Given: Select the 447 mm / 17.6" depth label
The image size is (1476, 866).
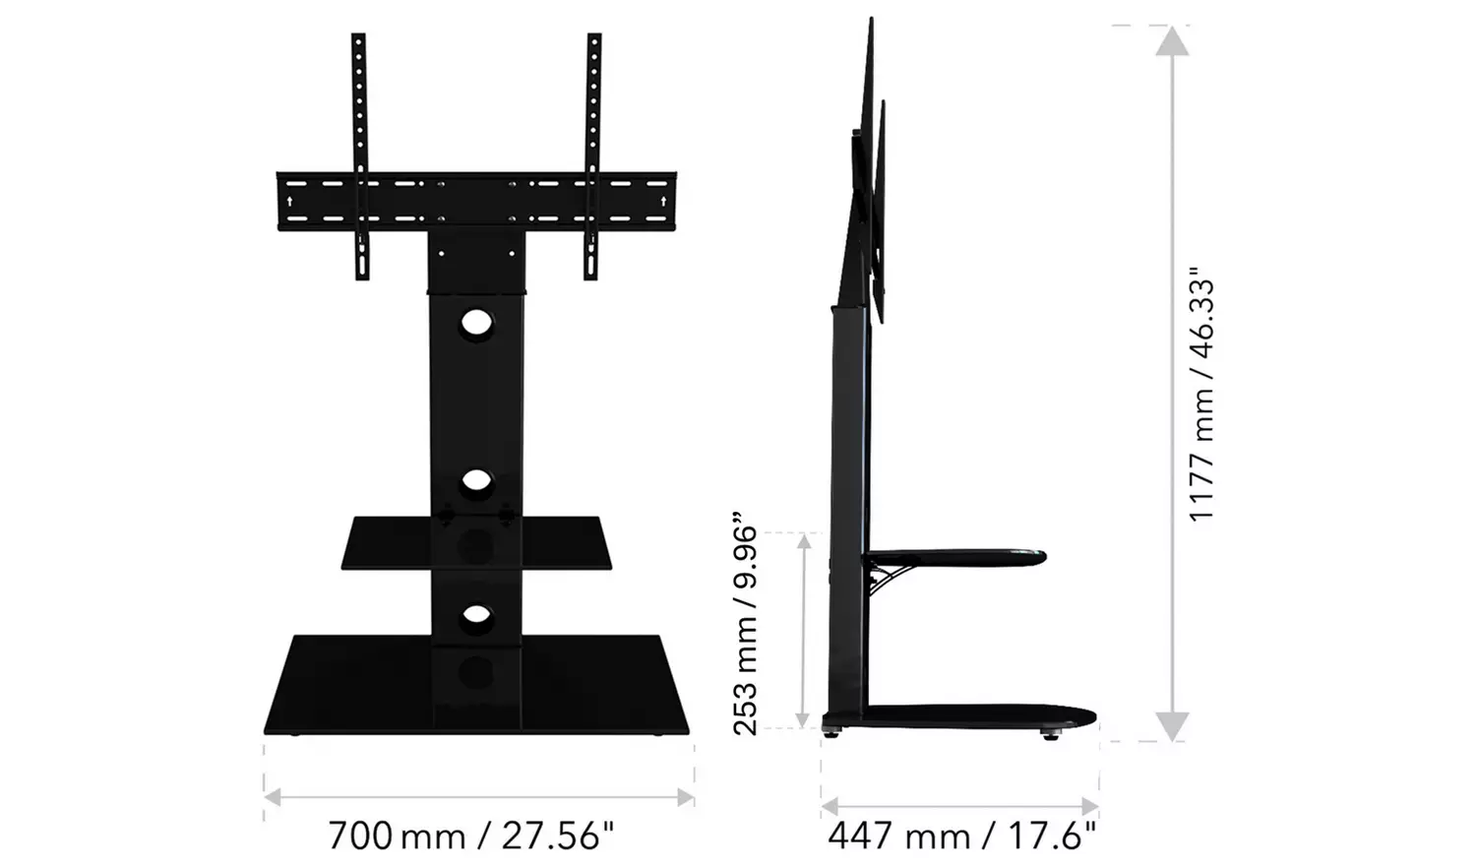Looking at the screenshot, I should pyautogui.click(x=961, y=836).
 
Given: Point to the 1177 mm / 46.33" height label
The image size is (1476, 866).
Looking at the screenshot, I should pyautogui.click(x=1201, y=400).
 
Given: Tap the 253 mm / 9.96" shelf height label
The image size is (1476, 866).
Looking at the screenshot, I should pyautogui.click(x=747, y=622).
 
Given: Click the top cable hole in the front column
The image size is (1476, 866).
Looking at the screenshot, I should pyautogui.click(x=476, y=327).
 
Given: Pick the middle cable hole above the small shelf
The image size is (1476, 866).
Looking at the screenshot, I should pyautogui.click(x=476, y=481).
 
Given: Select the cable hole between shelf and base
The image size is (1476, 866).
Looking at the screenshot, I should pyautogui.click(x=476, y=615).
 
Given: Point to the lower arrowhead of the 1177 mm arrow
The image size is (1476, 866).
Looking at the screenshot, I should pyautogui.click(x=1170, y=726).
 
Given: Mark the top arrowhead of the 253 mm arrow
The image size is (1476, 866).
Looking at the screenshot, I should pyautogui.click(x=806, y=544).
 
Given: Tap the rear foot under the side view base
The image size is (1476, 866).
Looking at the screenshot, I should pyautogui.click(x=834, y=731).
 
